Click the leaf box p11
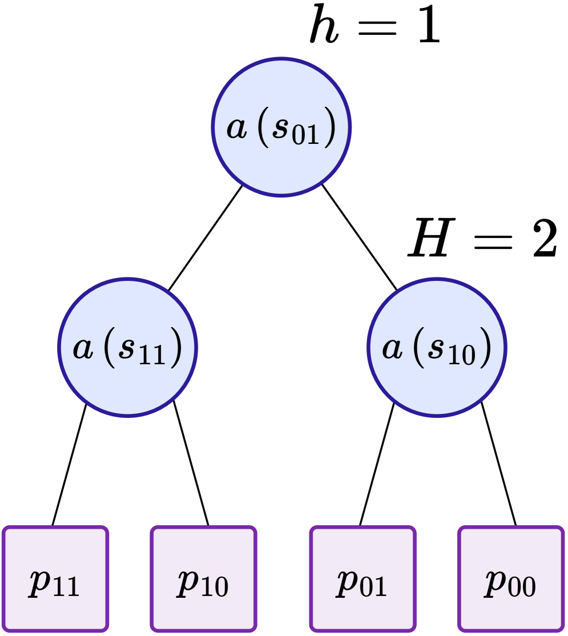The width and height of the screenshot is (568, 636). pyautogui.click(x=55, y=578)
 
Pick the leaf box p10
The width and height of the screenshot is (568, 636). pyautogui.click(x=204, y=578)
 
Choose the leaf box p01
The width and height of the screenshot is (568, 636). pyautogui.click(x=362, y=578)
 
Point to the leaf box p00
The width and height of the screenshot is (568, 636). pyautogui.click(x=511, y=578)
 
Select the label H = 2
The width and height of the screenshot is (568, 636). pyautogui.click(x=482, y=239)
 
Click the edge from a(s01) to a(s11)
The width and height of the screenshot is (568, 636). pyautogui.click(x=206, y=238)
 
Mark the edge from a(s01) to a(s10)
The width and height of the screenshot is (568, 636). pyautogui.click(x=359, y=238)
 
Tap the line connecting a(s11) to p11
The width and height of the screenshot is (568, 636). pyautogui.click(x=69, y=464)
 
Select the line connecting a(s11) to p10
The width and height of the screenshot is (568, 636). pyautogui.click(x=191, y=463)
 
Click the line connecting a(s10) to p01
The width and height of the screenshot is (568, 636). pyautogui.click(x=377, y=463)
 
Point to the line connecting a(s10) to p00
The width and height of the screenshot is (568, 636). pyautogui.click(x=498, y=463)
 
